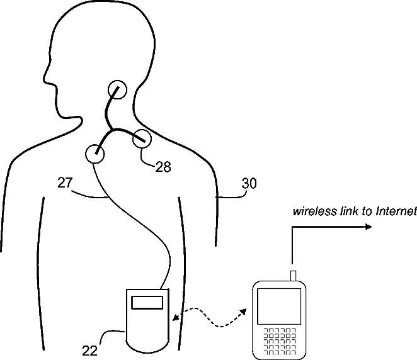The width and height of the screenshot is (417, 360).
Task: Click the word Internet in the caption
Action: pyautogui.click(x=396, y=212)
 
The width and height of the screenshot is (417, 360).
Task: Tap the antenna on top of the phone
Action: pyautogui.click(x=292, y=274)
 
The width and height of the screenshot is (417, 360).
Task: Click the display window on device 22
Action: pyautogui.click(x=149, y=302)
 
